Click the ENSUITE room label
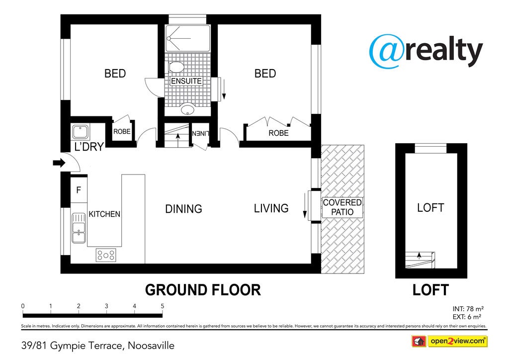pyautogui.click(x=186, y=81)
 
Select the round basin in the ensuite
pyautogui.click(x=187, y=109)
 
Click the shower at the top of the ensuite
pyautogui.click(x=187, y=38)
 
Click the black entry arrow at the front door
pyautogui.click(x=59, y=163)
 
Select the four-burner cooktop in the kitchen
pyautogui.click(x=106, y=255)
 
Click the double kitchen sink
pyautogui.click(x=79, y=228)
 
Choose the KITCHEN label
pyautogui.click(x=104, y=214)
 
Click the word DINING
pyautogui.click(x=184, y=209)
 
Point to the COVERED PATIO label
pyautogui.click(x=342, y=207)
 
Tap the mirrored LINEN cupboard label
pyautogui.click(x=201, y=133)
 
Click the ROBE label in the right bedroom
pyautogui.click(x=278, y=133)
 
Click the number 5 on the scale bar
pyautogui.click(x=163, y=306)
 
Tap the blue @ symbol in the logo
pyautogui.click(x=387, y=51)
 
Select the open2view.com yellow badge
pyautogui.click(x=458, y=341)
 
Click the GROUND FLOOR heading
pyautogui.click(x=203, y=290)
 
